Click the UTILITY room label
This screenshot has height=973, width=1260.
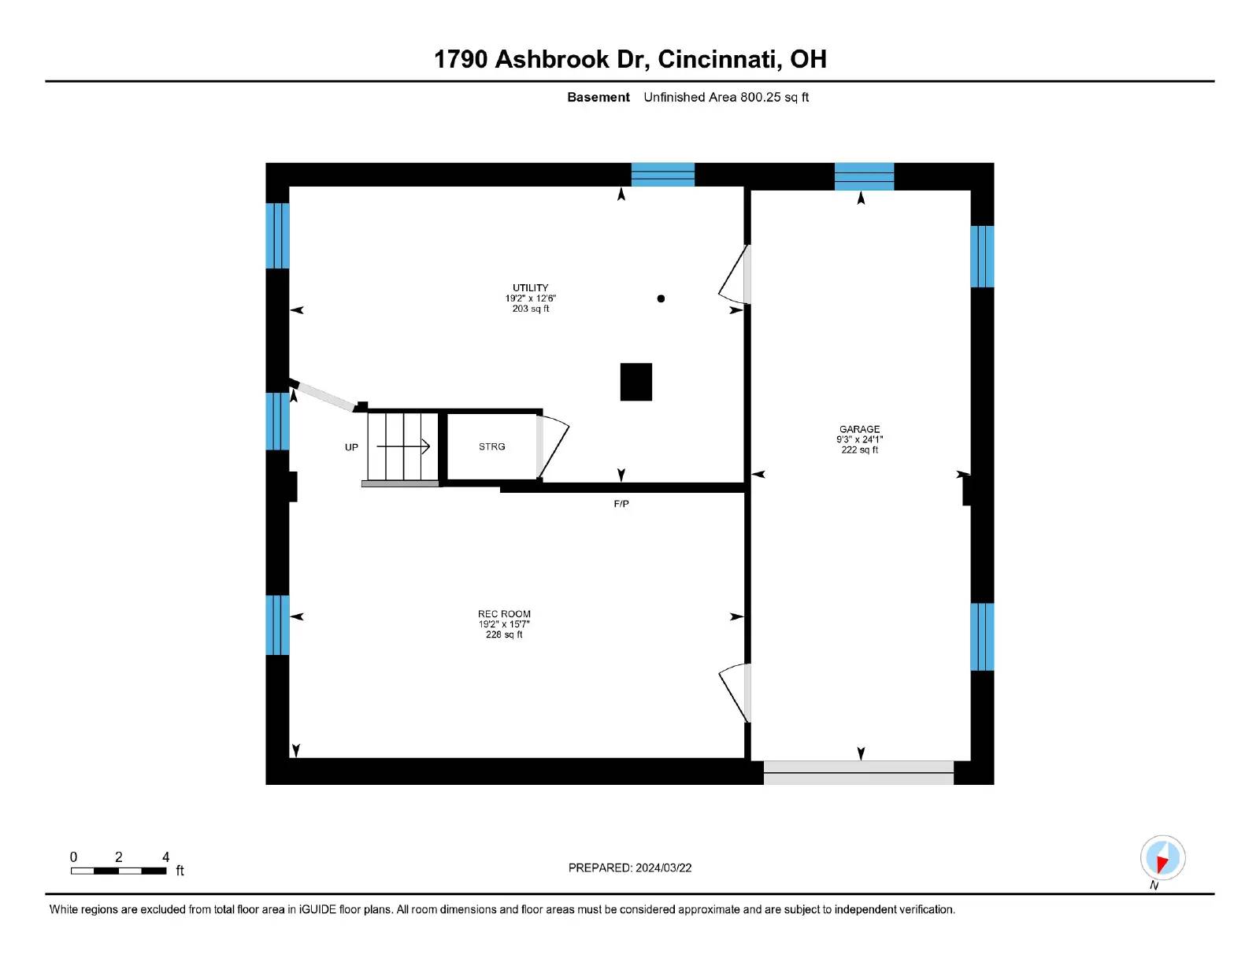[x=530, y=288]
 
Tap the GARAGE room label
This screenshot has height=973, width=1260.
[x=859, y=429]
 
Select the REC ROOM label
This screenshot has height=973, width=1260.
[x=504, y=614]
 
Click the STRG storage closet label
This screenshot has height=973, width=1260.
[x=491, y=446]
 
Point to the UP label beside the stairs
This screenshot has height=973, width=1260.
[x=351, y=447]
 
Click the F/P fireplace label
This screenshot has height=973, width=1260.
[x=621, y=504]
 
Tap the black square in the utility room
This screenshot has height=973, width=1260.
[x=636, y=382]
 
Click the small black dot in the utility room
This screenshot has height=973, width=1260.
[x=661, y=298]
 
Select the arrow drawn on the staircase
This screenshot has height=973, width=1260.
[x=403, y=446]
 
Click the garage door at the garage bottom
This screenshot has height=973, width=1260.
[x=858, y=772]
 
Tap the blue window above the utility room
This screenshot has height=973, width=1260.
[x=662, y=174]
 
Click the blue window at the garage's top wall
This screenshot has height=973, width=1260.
[x=864, y=176]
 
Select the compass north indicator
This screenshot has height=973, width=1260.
[x=1162, y=858]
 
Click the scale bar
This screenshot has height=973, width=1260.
[x=118, y=871]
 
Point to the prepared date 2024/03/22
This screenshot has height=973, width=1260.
[x=630, y=868]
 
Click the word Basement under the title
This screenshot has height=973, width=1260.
[x=598, y=98]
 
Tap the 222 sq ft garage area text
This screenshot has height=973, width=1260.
[x=859, y=450]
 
